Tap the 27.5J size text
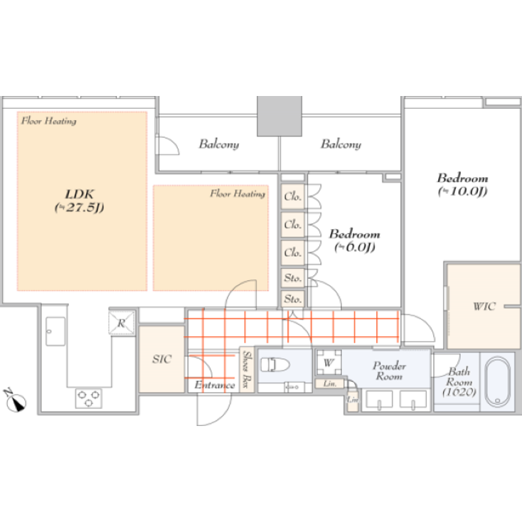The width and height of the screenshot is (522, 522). pyautogui.click(x=80, y=208)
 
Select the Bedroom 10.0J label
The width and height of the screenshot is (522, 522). pyautogui.click(x=462, y=178)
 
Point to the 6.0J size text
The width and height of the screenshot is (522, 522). pyautogui.click(x=354, y=247)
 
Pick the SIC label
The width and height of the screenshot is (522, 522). pyautogui.click(x=161, y=359)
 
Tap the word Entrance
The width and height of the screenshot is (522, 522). pyautogui.click(x=215, y=385)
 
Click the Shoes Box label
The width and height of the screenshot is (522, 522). pyautogui.click(x=247, y=369)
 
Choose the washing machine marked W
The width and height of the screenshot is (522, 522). pyautogui.click(x=328, y=363)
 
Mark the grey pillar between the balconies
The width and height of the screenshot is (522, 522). pyautogui.click(x=279, y=116)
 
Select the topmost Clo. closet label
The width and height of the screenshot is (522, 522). pyautogui.click(x=292, y=196)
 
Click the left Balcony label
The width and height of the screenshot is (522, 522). pyautogui.click(x=218, y=144)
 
